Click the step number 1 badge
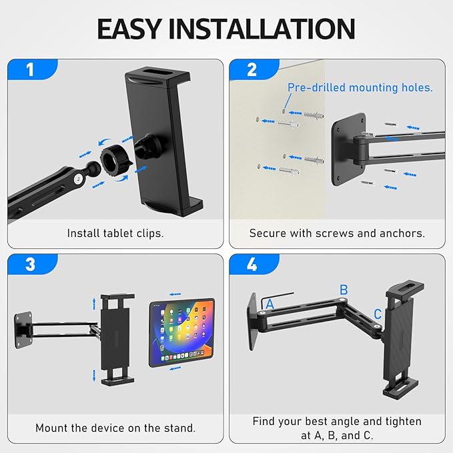[x=29, y=69]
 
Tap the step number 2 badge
[x=251, y=69]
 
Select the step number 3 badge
[x=29, y=264]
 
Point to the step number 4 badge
[x=251, y=264]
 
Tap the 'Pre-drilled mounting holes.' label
[x=360, y=87]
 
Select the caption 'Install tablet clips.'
[x=115, y=234]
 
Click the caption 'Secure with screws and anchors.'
[x=337, y=234]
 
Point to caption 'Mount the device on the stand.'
[x=115, y=428]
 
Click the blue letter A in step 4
[x=270, y=304]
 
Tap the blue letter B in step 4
[x=344, y=290]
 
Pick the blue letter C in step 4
[x=378, y=314]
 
